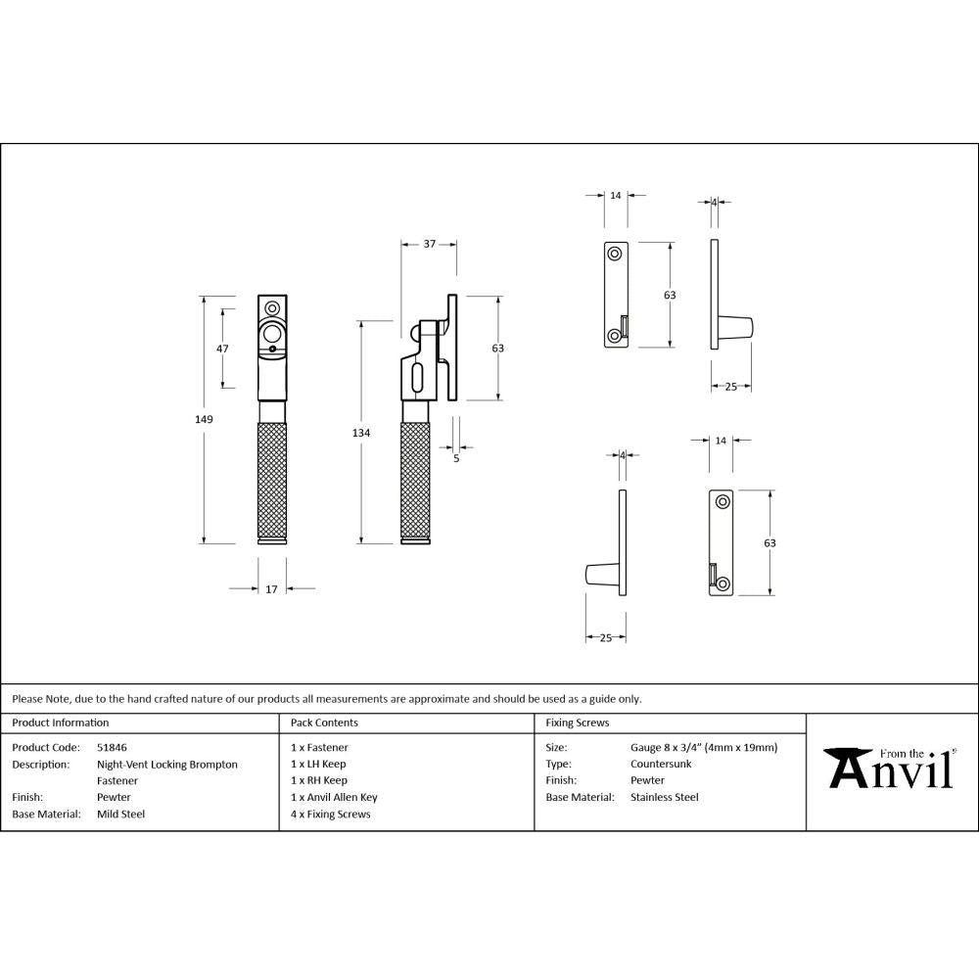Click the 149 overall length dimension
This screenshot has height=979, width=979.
(x=204, y=419)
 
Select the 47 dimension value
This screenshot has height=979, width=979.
(x=222, y=350)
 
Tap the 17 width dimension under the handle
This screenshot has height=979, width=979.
(x=271, y=589)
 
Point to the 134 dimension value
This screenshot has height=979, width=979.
(x=362, y=432)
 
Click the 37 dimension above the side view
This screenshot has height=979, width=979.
(x=429, y=244)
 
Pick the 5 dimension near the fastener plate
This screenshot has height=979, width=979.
(x=456, y=457)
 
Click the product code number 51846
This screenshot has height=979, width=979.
(x=112, y=747)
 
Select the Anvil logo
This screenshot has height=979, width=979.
(x=890, y=769)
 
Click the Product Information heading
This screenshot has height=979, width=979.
(x=61, y=723)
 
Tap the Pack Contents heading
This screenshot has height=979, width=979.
(x=324, y=723)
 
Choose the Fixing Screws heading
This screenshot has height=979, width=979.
(x=577, y=723)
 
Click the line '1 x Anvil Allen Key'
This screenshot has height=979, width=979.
(x=334, y=797)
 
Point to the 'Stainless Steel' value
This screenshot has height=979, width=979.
(x=665, y=797)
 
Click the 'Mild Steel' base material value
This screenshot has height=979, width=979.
(x=120, y=814)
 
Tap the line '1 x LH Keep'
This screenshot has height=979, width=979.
(x=318, y=764)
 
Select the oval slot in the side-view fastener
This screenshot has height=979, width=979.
(x=417, y=378)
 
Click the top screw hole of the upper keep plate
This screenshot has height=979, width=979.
(x=615, y=254)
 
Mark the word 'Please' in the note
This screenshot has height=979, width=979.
(x=27, y=699)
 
